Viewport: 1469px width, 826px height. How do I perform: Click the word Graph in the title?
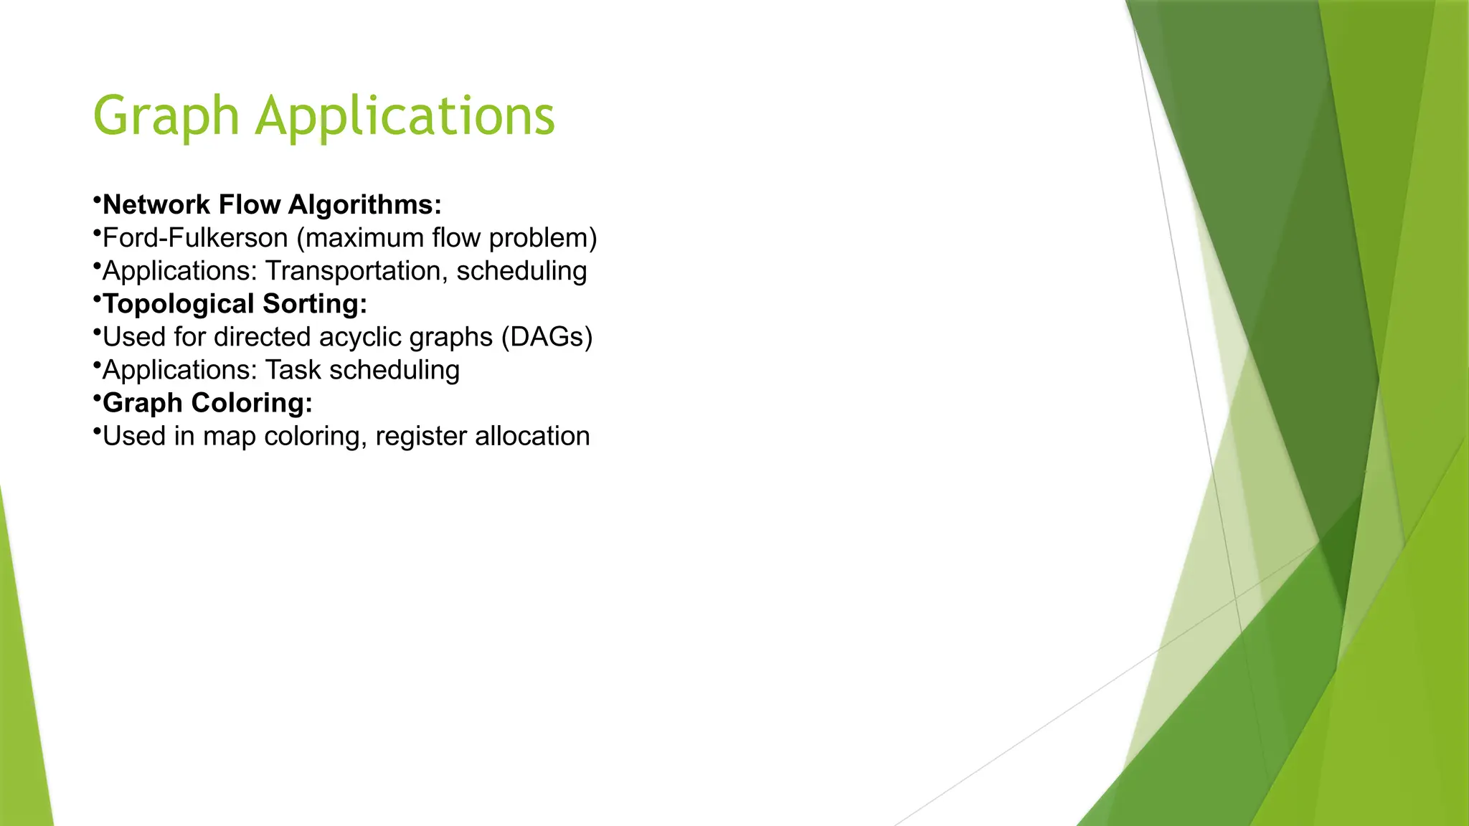coord(166,117)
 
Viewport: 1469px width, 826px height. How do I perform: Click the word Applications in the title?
coord(405,117)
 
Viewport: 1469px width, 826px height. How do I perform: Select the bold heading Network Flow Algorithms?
coord(272,205)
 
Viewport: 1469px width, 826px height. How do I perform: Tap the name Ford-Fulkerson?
coord(195,238)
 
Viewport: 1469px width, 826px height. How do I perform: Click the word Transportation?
coord(356,271)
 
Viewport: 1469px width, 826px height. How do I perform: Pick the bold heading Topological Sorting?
coord(235,304)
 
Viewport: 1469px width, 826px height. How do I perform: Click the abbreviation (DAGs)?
coord(547,337)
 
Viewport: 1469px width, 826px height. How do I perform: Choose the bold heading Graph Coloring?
coord(207,403)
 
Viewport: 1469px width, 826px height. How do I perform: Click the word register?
coord(420,436)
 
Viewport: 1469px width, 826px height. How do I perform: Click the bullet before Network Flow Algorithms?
coord(96,199)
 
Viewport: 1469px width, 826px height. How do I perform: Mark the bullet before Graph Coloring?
coord(96,397)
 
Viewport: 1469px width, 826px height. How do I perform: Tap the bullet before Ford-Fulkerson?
coord(96,232)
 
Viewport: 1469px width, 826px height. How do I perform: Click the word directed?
coord(263,337)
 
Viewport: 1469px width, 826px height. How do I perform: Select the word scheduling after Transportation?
coord(521,271)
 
